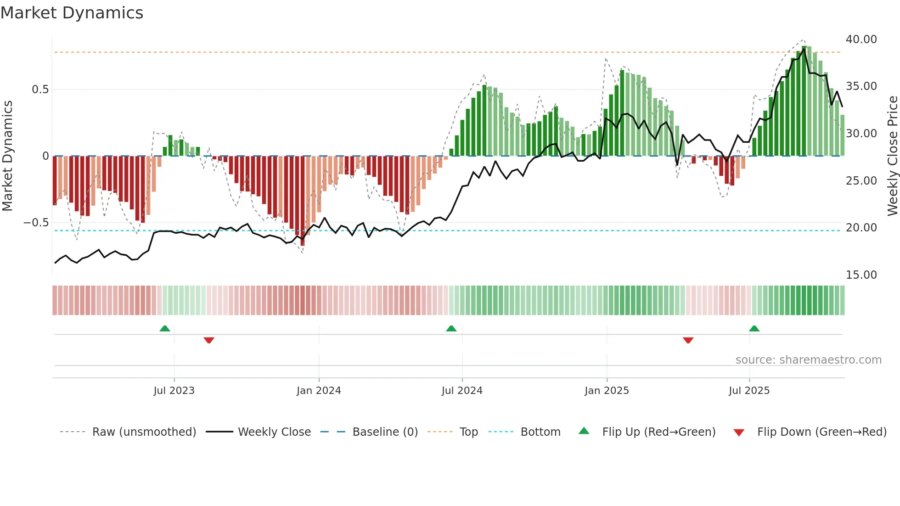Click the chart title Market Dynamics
point(72,13)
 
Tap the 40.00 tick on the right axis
point(861,39)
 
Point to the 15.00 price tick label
point(861,275)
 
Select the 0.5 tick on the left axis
point(40,90)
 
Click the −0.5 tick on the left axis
point(36,223)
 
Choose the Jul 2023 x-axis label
point(174,391)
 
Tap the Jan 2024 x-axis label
point(319,391)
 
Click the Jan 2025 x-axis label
point(607,391)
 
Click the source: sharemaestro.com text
point(808,360)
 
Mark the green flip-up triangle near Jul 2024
point(451,328)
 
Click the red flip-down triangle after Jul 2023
point(209,340)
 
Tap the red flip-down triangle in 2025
point(688,340)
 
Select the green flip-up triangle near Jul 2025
point(754,328)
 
